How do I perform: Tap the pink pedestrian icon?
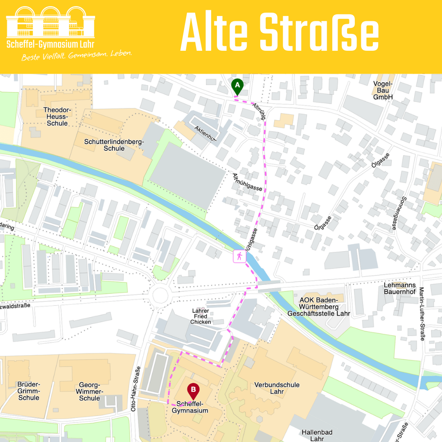[x=239, y=257]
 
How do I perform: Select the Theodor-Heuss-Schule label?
[x=57, y=117]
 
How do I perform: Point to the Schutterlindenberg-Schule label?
[x=114, y=145]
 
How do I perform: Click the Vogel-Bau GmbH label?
[x=383, y=90]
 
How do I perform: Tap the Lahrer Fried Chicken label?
[x=201, y=316]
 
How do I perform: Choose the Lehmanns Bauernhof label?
[x=400, y=289]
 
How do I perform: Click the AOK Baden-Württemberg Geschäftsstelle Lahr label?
[x=319, y=307]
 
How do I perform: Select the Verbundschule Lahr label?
[x=277, y=388]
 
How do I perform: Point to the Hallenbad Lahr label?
[x=317, y=435]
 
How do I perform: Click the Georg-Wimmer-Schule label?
[x=90, y=392]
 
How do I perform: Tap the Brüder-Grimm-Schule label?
[x=29, y=391]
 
